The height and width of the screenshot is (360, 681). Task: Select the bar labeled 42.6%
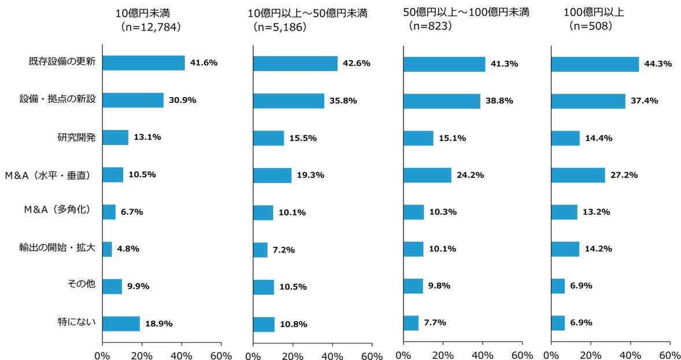pos(295,64)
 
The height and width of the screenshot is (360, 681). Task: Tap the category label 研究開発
pos(76,137)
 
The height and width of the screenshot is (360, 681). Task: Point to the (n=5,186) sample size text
pos(280,27)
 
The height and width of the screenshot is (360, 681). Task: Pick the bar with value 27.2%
pos(578,175)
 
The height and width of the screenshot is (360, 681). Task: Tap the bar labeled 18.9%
pos(121,324)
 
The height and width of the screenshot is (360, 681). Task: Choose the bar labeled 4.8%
pos(107,249)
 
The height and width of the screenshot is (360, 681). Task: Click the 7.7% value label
pos(434,323)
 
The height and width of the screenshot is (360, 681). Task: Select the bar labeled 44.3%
pos(595,64)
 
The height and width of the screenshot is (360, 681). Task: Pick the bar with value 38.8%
pos(442,101)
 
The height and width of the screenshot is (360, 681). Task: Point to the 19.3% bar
pos(272,175)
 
